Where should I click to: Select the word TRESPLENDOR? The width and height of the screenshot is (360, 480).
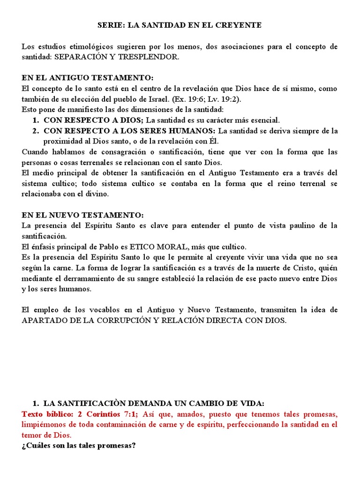click(154, 57)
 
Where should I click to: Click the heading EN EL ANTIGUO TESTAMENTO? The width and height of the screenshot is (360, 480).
click(88, 78)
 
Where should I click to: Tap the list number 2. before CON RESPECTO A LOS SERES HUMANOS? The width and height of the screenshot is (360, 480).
click(36, 130)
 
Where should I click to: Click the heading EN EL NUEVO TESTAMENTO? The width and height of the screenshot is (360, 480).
click(83, 215)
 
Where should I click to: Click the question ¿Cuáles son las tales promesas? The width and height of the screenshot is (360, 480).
click(79, 445)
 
